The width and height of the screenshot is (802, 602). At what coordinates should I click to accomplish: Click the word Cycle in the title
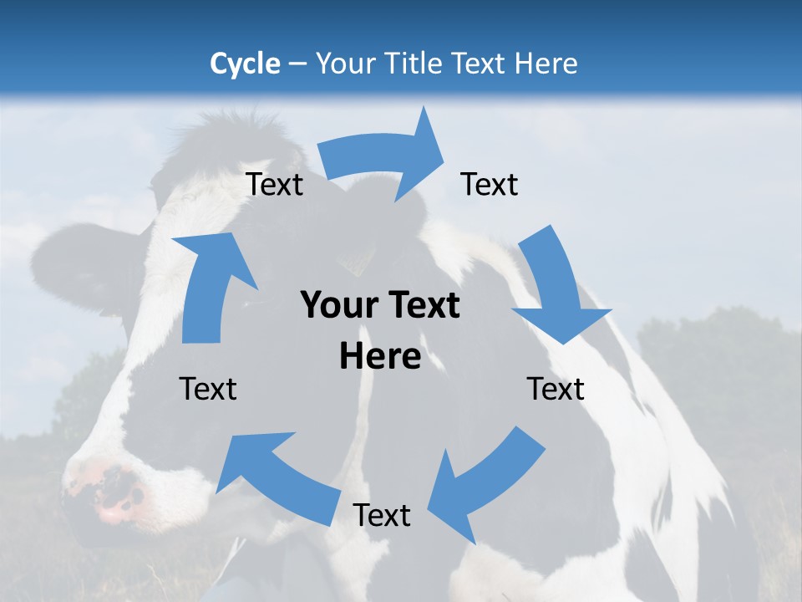[245, 64]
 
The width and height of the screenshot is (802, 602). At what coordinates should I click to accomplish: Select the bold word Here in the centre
[380, 357]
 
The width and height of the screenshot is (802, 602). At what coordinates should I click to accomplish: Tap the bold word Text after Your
[423, 306]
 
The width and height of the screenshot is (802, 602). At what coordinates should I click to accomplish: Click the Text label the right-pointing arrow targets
[490, 184]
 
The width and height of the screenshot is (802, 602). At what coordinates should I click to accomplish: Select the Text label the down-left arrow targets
[382, 515]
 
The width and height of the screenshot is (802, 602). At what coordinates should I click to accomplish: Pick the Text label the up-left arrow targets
[208, 389]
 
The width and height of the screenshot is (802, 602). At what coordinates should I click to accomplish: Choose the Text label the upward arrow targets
[275, 184]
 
